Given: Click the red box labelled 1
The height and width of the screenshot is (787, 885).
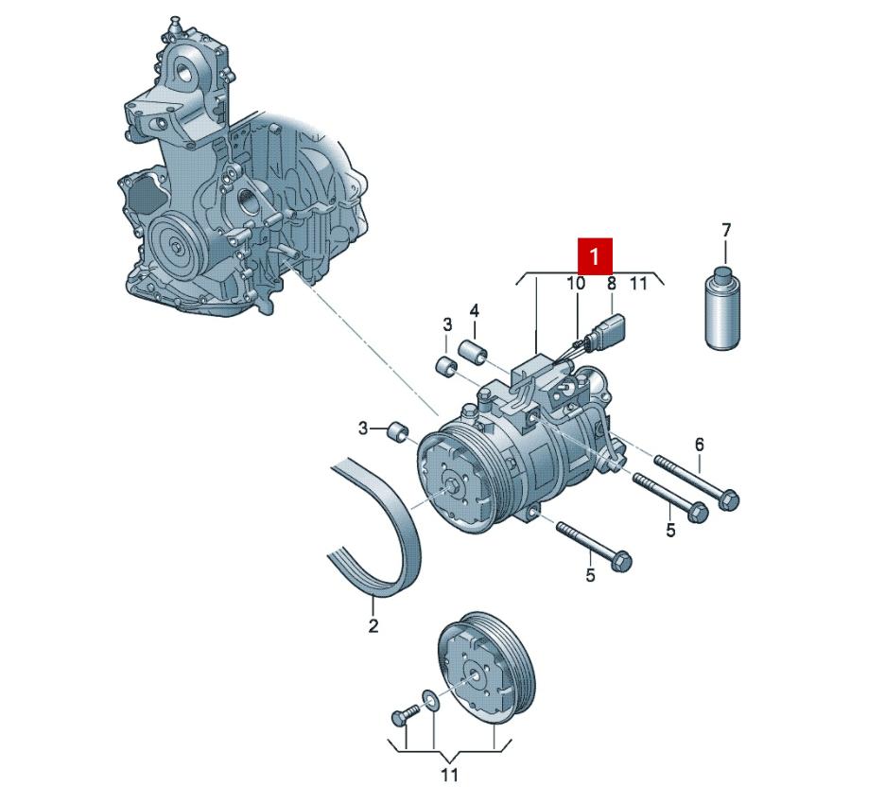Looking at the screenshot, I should tap(595, 255).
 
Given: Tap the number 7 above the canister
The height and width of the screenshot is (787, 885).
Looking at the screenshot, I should tap(726, 230).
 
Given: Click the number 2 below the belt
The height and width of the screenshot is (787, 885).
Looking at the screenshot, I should tap(373, 625).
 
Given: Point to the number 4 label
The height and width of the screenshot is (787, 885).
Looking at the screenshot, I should tap(475, 310).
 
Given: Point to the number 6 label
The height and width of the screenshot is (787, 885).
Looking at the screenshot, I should tap(700, 444).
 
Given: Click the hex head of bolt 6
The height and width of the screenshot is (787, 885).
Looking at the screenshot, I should tap(729, 499).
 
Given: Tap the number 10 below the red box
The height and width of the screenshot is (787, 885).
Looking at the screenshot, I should tap(576, 283).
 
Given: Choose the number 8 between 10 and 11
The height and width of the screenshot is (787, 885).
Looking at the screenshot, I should tap(611, 283).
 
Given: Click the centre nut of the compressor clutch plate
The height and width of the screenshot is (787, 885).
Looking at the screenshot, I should tap(454, 488).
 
